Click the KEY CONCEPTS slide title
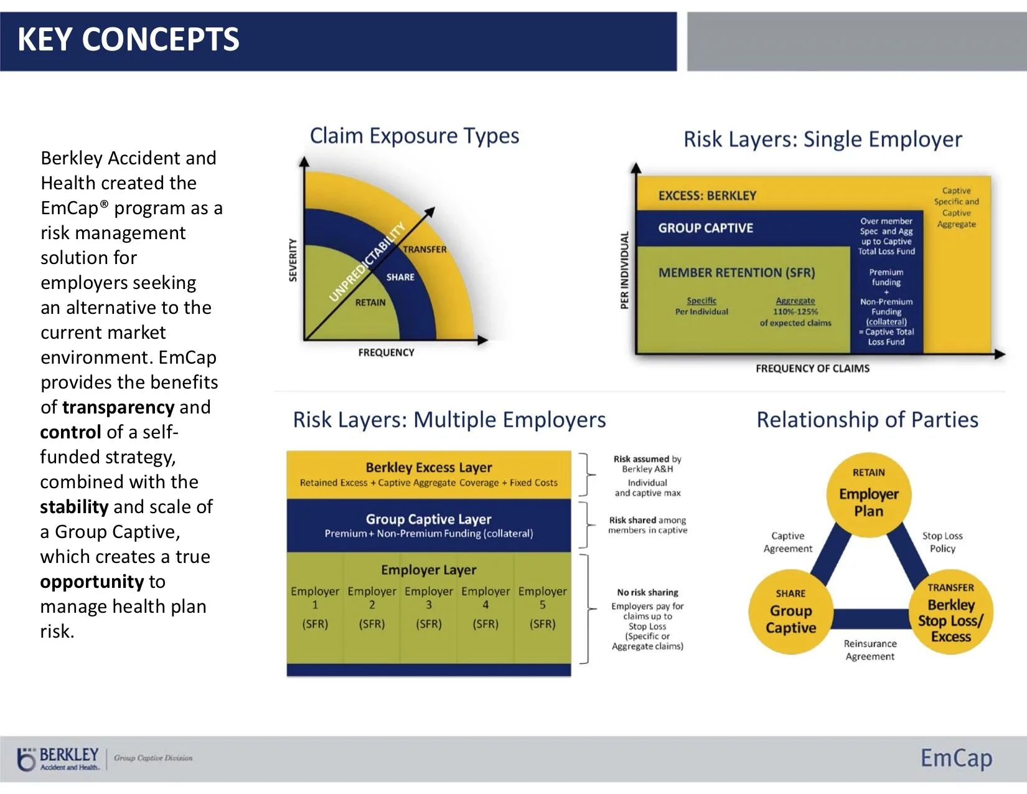(x=128, y=39)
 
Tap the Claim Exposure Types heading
(x=415, y=136)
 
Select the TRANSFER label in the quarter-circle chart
(x=424, y=249)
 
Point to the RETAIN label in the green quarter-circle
(x=370, y=303)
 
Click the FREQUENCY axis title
(x=386, y=352)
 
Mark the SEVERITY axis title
(x=293, y=260)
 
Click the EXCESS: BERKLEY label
(x=707, y=196)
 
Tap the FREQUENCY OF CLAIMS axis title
(x=812, y=369)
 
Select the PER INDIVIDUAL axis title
(x=625, y=270)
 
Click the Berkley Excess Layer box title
(x=429, y=467)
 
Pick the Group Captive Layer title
(x=429, y=519)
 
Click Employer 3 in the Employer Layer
(x=429, y=597)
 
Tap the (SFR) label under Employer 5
(x=542, y=624)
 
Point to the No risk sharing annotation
(x=647, y=592)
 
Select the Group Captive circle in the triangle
(x=790, y=612)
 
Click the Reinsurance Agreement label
(x=870, y=650)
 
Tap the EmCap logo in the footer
(x=956, y=758)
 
